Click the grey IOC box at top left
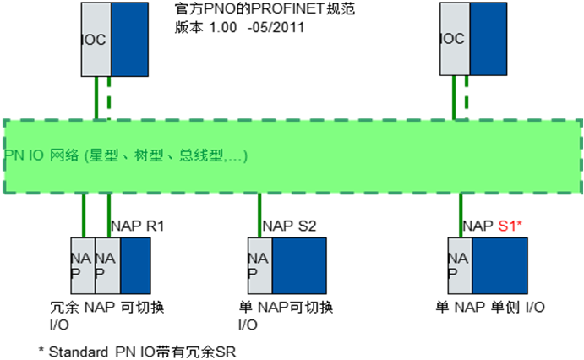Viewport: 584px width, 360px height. pos(96,40)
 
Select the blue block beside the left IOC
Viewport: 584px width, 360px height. pos(129,40)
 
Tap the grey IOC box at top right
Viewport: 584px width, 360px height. pos(455,40)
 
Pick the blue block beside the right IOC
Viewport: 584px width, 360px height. pos(488,40)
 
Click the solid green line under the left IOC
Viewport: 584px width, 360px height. pos(96,97)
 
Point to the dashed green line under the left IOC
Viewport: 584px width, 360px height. pos(109,97)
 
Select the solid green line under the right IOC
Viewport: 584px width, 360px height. pos(454,97)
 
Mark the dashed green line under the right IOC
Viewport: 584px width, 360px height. pos(466,97)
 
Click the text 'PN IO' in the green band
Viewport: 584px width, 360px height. pos(21,156)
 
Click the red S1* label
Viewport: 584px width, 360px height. pos(510,226)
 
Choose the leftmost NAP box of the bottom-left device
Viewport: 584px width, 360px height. pos(83,265)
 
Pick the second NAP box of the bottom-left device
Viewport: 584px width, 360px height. pos(107,265)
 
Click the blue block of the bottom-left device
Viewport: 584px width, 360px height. pos(135,265)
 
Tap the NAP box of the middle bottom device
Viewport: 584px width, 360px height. pos(259,265)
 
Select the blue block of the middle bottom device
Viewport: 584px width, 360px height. pos(298,265)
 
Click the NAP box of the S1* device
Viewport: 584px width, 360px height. pos(461,265)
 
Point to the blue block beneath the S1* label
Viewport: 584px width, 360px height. pos(499,265)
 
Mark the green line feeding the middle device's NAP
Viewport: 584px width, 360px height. pos(259,215)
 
